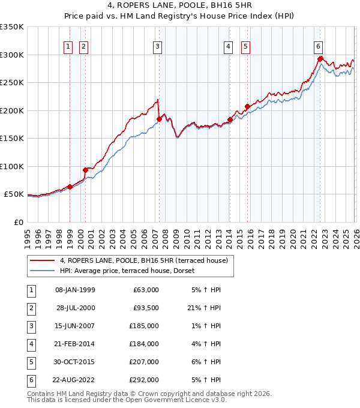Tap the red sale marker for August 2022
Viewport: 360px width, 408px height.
320,59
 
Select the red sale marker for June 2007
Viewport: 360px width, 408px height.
159,119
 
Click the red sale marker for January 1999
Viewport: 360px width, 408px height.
70,187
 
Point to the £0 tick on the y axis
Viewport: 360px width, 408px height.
17,222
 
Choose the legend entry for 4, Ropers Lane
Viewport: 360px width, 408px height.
143,261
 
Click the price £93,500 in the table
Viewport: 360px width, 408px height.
146,307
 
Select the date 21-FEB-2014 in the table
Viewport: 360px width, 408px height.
75,344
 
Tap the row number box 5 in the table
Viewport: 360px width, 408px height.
31,362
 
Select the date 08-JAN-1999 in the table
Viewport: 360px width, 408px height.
75,289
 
